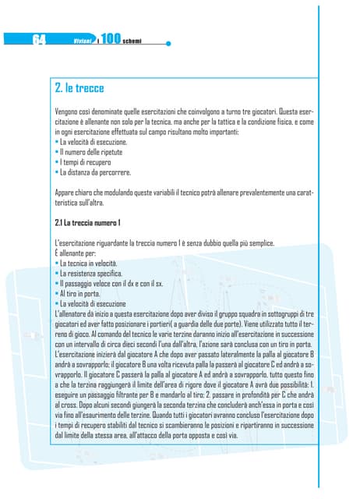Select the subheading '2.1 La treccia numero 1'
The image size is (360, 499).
(x=86, y=224)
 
